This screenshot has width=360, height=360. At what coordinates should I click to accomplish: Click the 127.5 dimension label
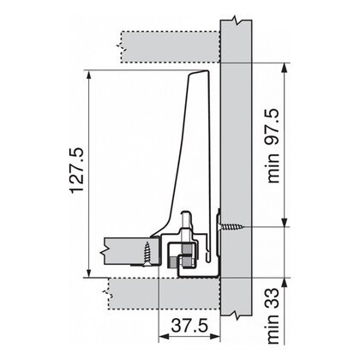click(x=77, y=171)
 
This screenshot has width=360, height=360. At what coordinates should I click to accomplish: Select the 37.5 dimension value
click(x=189, y=326)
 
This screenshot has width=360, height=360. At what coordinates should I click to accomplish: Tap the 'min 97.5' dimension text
click(x=273, y=146)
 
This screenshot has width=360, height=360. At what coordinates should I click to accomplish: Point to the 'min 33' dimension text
click(x=273, y=315)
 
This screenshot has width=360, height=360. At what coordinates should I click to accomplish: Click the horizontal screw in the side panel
click(x=231, y=227)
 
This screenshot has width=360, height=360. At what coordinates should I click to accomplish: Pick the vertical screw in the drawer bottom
click(x=147, y=254)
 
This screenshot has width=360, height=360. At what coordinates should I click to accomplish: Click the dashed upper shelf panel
click(x=171, y=47)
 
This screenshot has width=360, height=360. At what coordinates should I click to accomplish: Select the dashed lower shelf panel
click(x=165, y=294)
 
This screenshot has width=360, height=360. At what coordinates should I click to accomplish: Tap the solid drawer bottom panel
click(x=132, y=251)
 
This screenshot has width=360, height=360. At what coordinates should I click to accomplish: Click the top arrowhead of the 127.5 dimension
click(x=89, y=75)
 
